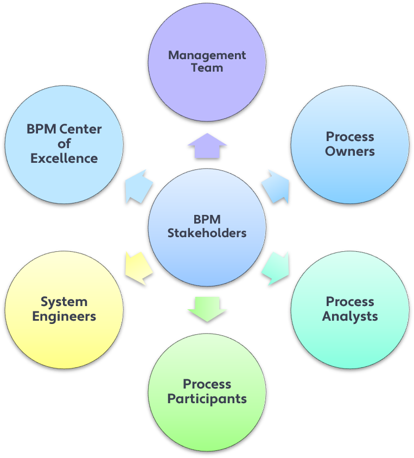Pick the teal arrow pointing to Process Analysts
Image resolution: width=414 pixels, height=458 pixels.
tap(276, 268)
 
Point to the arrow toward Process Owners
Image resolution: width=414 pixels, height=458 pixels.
tap(276, 186)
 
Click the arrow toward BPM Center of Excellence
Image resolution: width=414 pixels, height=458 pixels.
tap(139, 186)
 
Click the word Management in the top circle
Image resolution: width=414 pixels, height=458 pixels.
tap(207, 55)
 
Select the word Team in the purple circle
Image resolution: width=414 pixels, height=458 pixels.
tap(207, 68)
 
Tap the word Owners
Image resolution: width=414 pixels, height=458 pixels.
tap(350, 151)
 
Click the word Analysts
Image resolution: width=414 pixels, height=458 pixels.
tap(350, 316)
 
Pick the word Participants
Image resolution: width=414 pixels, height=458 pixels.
tap(207, 399)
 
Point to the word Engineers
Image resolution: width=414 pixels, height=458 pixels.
tap(64, 316)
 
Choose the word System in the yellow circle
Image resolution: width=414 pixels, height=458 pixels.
tap(64, 302)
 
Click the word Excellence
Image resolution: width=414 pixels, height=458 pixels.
tap(64, 158)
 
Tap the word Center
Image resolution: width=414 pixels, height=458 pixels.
tap(81, 129)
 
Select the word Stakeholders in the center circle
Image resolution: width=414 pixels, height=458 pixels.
tap(207, 233)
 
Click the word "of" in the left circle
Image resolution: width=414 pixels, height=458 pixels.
tap(64, 144)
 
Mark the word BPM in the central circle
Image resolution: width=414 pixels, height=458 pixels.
tap(207, 220)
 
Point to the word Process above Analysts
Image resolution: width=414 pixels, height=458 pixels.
tap(350, 302)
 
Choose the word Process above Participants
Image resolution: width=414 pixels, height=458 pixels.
tap(207, 384)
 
